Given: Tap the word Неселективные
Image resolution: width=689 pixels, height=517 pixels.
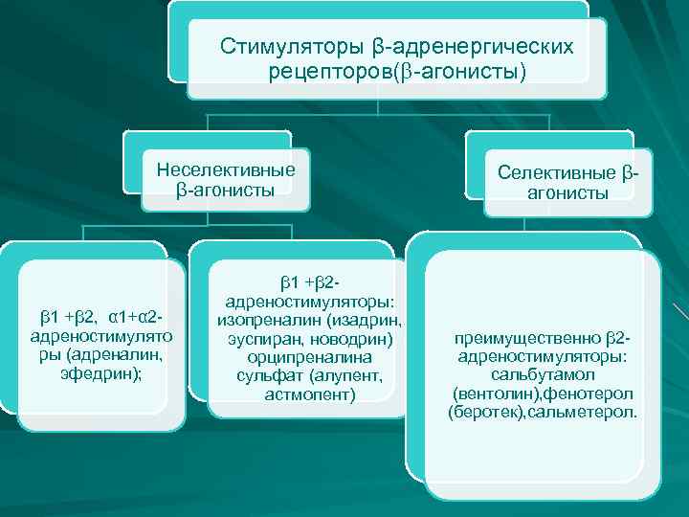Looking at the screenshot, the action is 226,169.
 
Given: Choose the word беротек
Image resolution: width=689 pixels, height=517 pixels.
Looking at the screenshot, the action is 484,412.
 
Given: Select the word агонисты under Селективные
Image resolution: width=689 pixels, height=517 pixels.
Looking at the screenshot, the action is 567,192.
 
